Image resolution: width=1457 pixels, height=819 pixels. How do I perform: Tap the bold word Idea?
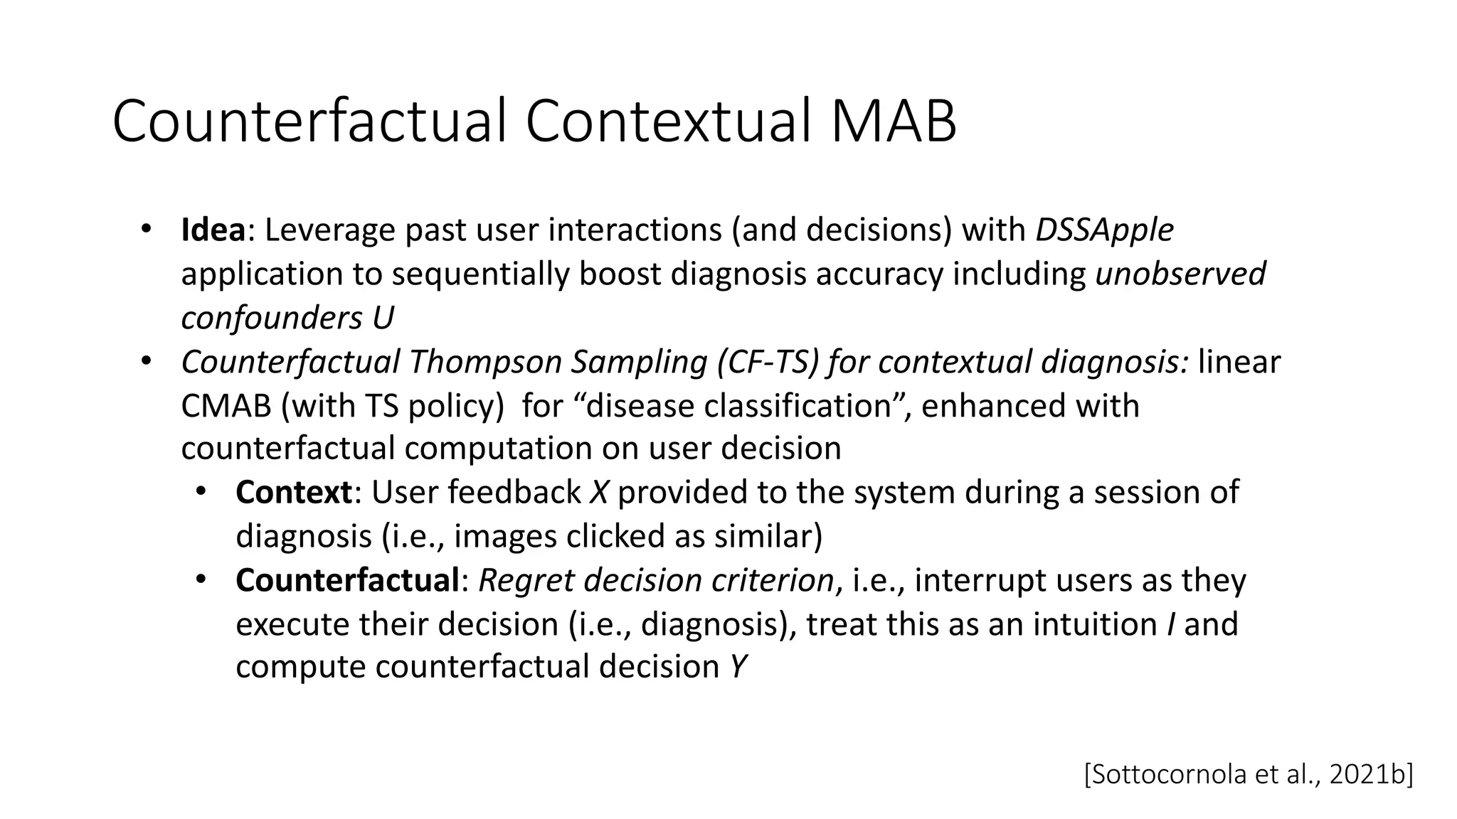[213, 230]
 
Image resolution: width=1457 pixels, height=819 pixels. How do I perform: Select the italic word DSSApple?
[1103, 230]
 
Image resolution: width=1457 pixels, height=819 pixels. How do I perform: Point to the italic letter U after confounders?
[382, 318]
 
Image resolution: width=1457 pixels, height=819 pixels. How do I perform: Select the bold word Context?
[293, 493]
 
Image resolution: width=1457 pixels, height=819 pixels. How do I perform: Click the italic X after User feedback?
[598, 493]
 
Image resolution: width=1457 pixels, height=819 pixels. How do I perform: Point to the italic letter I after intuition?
[1170, 624]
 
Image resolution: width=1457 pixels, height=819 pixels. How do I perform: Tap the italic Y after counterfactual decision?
[738, 668]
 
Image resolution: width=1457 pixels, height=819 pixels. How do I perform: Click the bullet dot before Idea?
[146, 229]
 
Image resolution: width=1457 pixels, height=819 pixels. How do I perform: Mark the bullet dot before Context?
[201, 491]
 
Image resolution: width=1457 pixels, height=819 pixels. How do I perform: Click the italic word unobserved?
[1180, 274]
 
